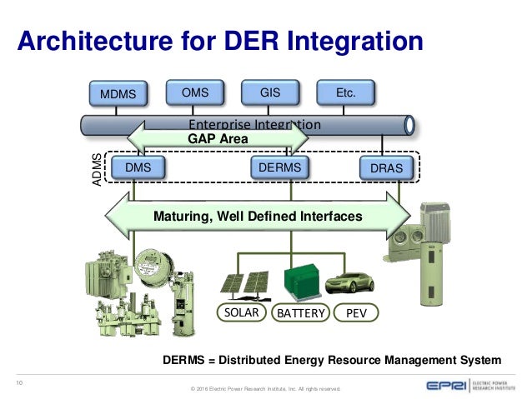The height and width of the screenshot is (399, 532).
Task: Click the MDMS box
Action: (x=118, y=94)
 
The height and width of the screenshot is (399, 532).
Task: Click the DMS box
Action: (x=138, y=167)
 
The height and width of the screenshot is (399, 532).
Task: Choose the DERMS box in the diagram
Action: (x=279, y=167)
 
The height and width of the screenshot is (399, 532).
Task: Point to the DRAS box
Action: (x=386, y=168)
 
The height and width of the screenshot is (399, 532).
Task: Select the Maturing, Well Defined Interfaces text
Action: (x=258, y=216)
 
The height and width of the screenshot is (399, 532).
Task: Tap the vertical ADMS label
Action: (x=98, y=170)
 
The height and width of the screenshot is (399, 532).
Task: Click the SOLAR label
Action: (x=242, y=312)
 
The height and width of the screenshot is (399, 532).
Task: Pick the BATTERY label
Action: (x=298, y=312)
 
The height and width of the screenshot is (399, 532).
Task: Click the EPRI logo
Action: (x=442, y=385)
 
